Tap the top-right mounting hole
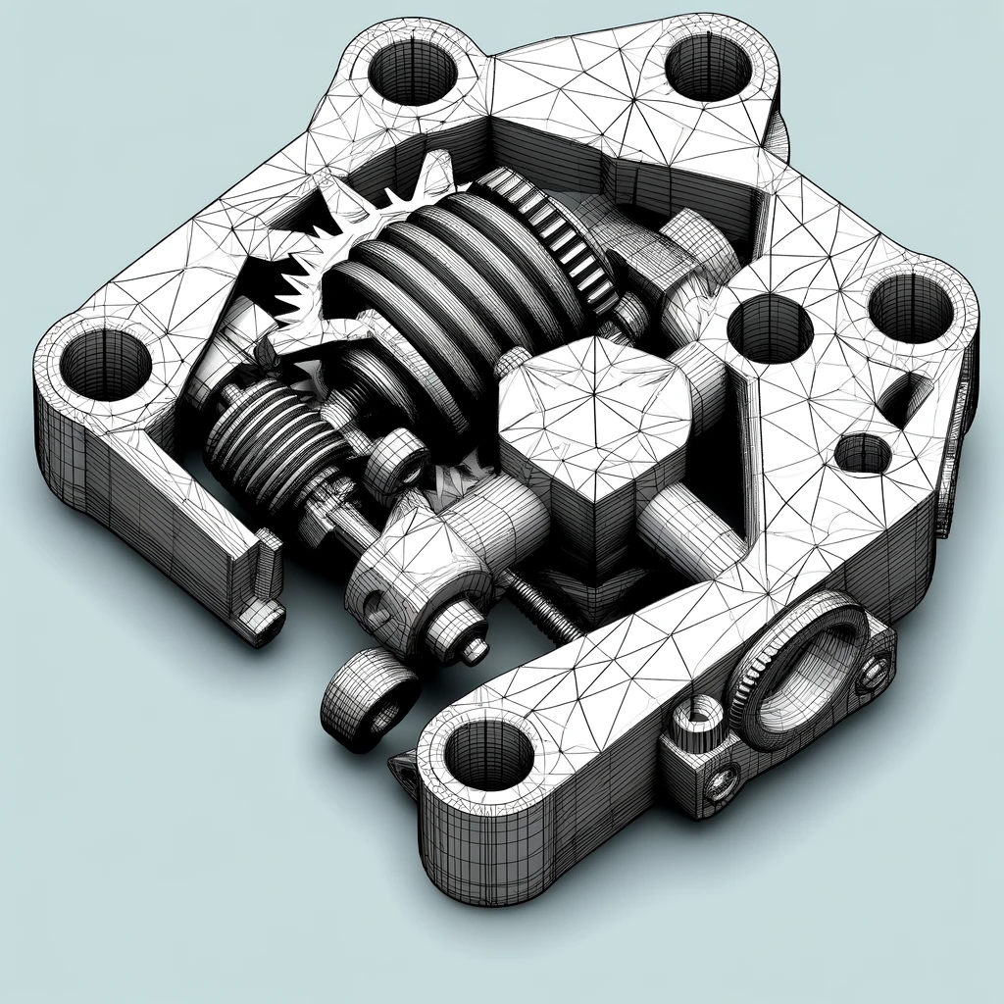708,67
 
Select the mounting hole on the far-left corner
105,364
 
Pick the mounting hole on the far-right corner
910,308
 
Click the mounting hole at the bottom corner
488,754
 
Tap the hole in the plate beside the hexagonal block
770,328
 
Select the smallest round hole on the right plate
863,453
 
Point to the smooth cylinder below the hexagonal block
686,529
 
